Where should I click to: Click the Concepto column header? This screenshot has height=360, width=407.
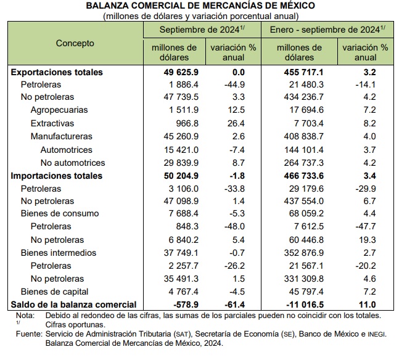[75, 43]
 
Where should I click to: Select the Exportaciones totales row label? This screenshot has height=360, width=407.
[57, 72]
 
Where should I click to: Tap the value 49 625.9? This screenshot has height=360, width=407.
[181, 72]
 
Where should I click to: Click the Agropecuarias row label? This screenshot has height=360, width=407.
[59, 110]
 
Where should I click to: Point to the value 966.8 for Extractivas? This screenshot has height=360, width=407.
[187, 123]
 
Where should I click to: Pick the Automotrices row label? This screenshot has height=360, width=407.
[67, 150]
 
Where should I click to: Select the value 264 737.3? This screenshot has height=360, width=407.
[303, 163]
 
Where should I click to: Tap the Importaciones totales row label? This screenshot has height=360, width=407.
[56, 176]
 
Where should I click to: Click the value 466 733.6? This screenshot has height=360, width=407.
[303, 176]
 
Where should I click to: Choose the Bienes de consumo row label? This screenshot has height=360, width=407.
[60, 213]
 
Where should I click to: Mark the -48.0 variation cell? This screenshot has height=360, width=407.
[234, 226]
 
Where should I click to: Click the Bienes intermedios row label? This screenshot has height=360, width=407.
[59, 253]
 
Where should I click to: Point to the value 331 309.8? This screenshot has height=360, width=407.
[303, 279]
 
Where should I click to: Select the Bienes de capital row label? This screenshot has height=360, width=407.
[54, 292]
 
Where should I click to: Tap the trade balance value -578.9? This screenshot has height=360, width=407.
[185, 305]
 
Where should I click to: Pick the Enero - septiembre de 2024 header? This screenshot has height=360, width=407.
[327, 30]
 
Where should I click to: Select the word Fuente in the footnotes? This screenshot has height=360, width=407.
[29, 334]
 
